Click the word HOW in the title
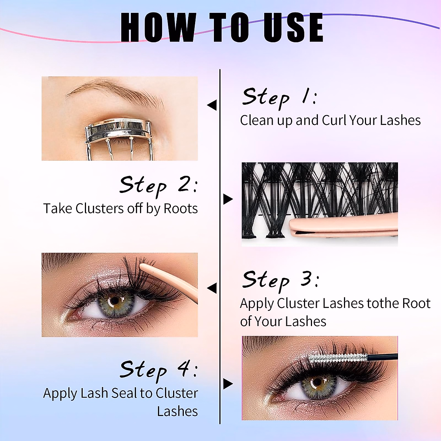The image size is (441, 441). pyautogui.click(x=158, y=28)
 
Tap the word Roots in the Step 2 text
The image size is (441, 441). pyautogui.click(x=180, y=209)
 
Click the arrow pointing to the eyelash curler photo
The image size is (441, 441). pyautogui.click(x=212, y=105)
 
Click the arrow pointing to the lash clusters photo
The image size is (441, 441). pyautogui.click(x=228, y=200)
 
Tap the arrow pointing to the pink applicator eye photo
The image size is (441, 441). pyautogui.click(x=212, y=288)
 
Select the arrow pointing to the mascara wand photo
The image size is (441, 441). pyautogui.click(x=228, y=384)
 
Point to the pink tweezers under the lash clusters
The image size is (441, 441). pyautogui.click(x=342, y=228)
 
